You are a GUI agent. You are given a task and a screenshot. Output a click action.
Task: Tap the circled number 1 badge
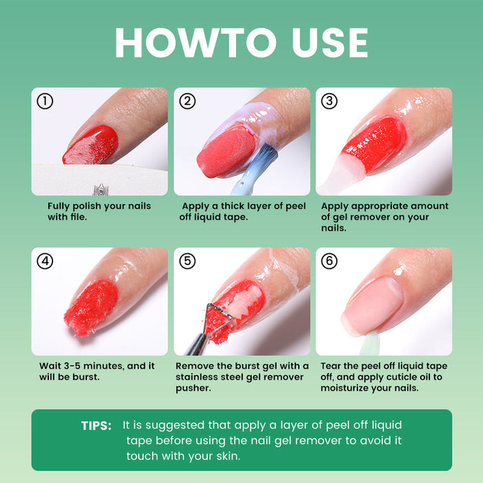coord(45,101)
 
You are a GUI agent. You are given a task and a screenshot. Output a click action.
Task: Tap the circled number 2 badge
coord(188,101)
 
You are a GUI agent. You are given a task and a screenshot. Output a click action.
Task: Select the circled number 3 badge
coord(330,101)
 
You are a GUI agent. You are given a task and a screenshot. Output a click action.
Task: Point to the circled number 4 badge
coord(45,262)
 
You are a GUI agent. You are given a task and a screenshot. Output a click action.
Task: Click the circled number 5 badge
coord(188,262)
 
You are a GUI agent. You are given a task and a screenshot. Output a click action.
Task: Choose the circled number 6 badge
coord(330,262)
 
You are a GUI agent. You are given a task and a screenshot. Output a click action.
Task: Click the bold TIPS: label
coord(96,426)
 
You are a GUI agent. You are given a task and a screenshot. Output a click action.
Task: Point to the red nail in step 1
coord(91,145)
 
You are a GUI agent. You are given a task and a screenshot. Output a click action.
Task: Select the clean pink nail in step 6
coord(376,304)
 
